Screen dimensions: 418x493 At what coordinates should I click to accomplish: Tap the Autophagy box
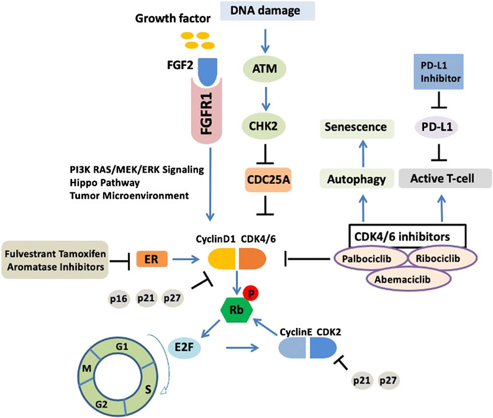[x=356, y=180]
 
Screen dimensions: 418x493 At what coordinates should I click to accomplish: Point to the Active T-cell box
[x=441, y=180]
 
